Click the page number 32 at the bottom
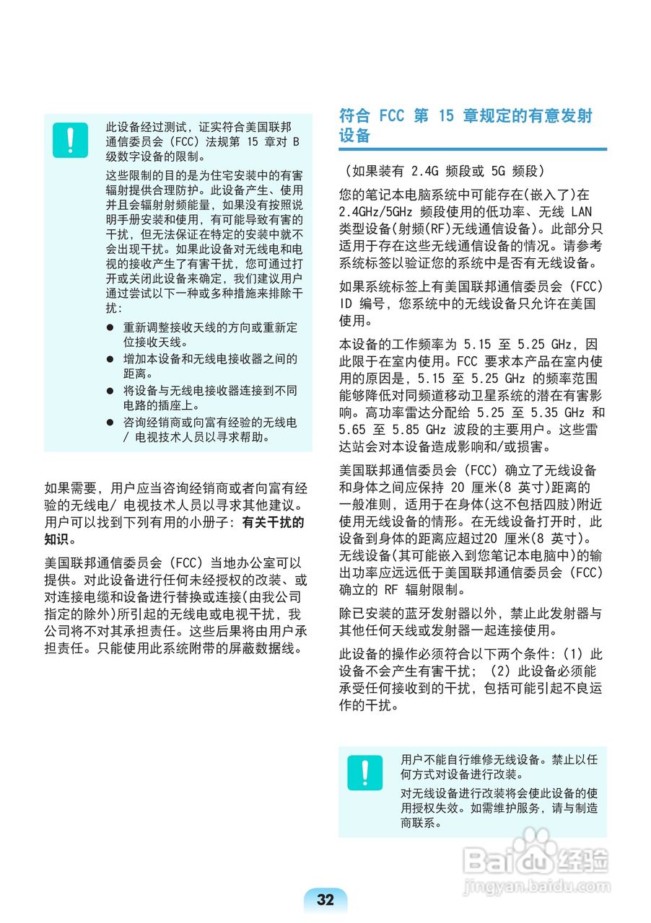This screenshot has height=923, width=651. [325, 899]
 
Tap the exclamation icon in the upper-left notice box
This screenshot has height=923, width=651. [70, 140]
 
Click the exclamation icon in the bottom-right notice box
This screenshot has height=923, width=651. [364, 773]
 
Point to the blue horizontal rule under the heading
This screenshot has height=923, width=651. [472, 149]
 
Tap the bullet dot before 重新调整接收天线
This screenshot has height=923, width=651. [110, 327]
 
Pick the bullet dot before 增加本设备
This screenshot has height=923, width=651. [110, 359]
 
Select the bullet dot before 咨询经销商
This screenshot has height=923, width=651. [110, 423]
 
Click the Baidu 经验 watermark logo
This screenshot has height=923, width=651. [535, 858]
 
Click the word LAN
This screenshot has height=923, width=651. [580, 213]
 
